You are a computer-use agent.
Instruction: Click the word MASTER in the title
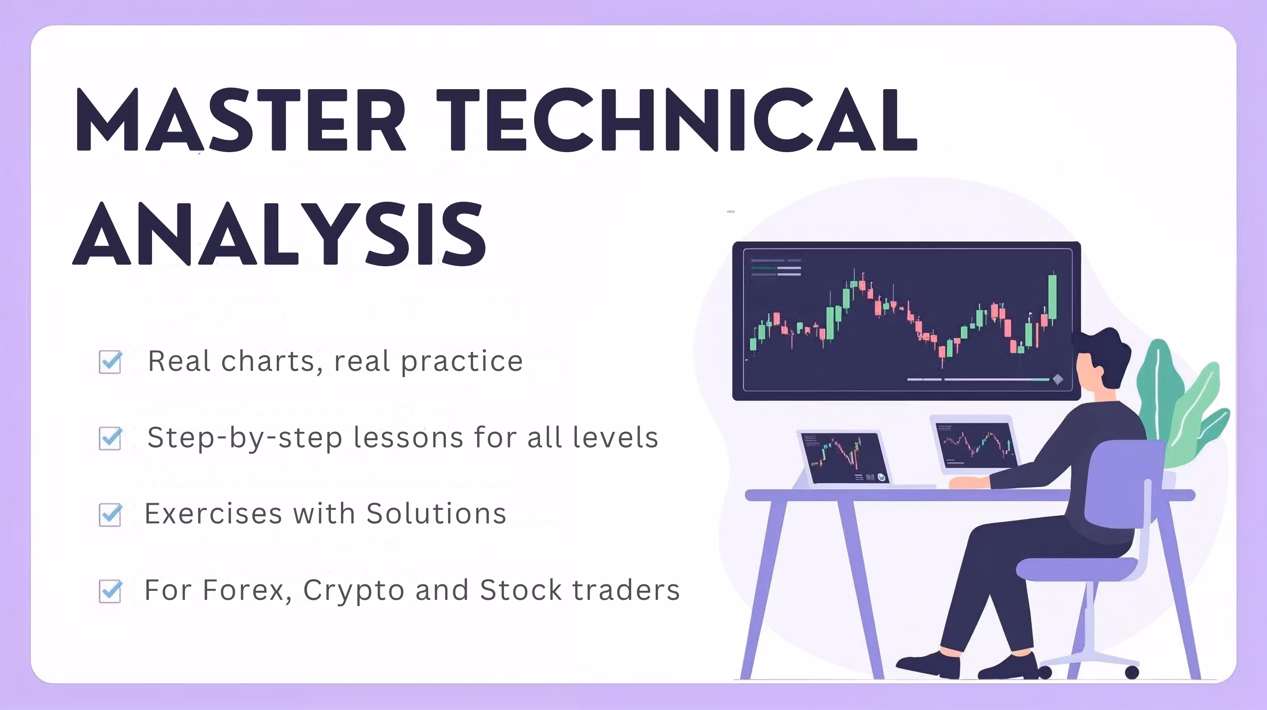[240, 120]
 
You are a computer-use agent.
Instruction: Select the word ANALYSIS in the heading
[280, 234]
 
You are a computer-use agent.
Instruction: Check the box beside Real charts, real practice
[110, 362]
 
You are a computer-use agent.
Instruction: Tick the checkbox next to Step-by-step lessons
[110, 438]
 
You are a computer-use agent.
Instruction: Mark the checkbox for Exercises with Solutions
[110, 514]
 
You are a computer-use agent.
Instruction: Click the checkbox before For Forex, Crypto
[110, 590]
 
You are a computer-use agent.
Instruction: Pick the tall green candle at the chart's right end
[1052, 297]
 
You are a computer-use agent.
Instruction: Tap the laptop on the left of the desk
[843, 458]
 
